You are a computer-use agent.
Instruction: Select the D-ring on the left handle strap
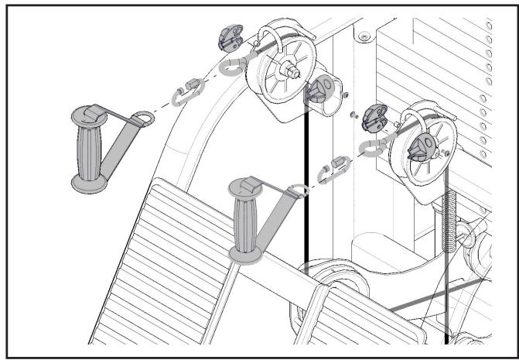142,118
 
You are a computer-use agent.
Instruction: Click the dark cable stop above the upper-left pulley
230,38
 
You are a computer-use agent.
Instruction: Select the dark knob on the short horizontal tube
317,94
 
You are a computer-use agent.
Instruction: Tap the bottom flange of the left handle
88,183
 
